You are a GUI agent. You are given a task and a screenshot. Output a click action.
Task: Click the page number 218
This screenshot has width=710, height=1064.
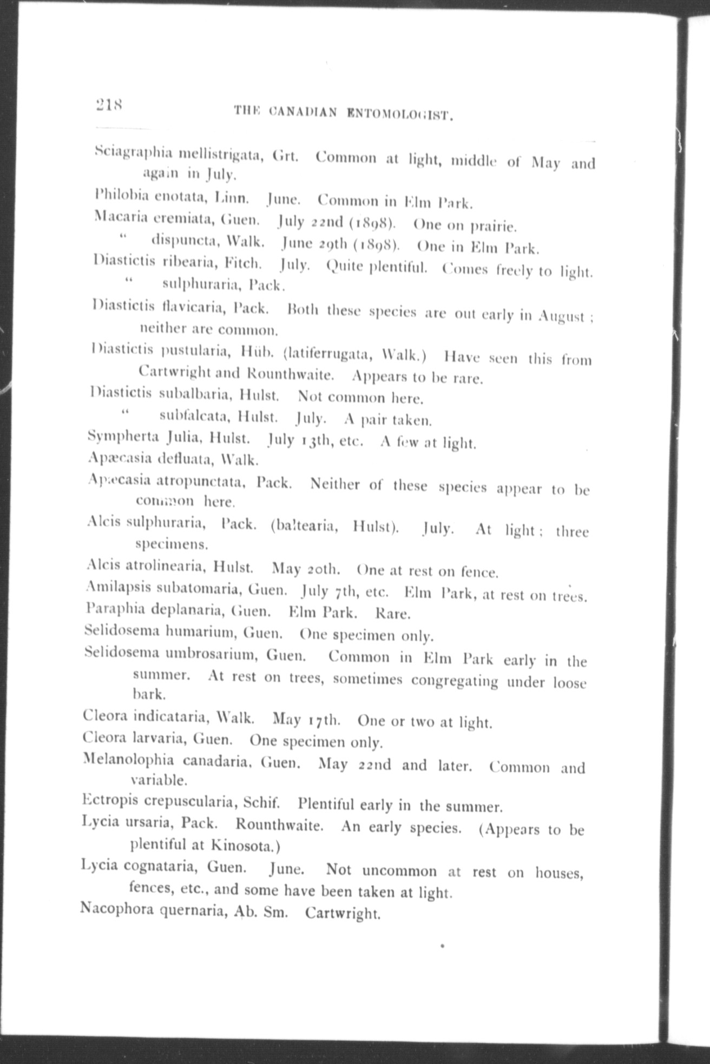coord(109,103)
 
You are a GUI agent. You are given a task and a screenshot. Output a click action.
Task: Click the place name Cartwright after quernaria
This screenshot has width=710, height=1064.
coord(343,913)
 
